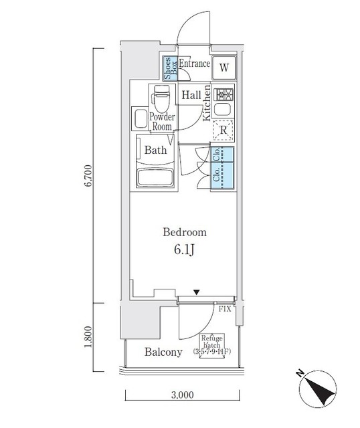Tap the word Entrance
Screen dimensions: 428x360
tap(194, 65)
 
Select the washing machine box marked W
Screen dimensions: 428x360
tap(224, 68)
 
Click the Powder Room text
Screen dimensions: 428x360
tap(161, 120)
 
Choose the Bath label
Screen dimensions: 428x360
tap(155, 150)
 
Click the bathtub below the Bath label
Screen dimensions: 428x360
tap(155, 179)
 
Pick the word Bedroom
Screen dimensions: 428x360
tap(185, 233)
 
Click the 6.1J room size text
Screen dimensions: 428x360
tap(185, 250)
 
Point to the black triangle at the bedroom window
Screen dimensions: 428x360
tap(196, 292)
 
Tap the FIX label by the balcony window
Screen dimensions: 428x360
tap(223, 310)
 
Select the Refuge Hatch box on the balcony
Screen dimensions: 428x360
tap(212, 344)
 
